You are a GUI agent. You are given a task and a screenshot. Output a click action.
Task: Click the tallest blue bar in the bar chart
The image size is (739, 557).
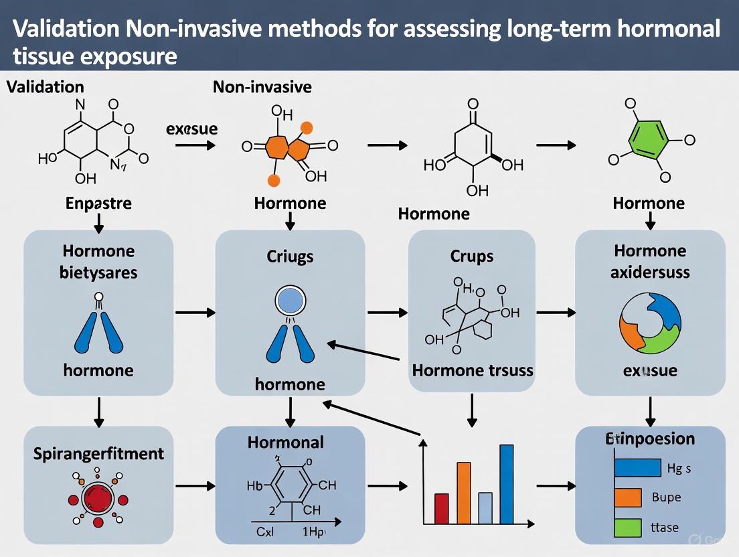click(x=506, y=483)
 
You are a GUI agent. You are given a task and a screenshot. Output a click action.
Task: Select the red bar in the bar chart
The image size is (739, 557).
click(x=441, y=507)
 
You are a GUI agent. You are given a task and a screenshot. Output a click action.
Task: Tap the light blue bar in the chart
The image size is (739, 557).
click(x=485, y=507)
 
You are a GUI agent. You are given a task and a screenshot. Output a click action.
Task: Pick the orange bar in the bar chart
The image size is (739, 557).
click(x=463, y=492)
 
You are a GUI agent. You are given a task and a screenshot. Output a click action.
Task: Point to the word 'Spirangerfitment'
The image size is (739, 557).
click(x=98, y=453)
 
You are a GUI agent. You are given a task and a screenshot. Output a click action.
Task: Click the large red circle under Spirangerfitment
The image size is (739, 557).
click(x=98, y=498)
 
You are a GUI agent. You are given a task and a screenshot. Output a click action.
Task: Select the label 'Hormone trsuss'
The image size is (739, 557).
click(x=473, y=370)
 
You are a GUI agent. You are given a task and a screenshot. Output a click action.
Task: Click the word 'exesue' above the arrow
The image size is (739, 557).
click(x=191, y=129)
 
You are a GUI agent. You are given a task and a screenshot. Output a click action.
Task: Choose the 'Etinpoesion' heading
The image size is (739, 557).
click(x=650, y=439)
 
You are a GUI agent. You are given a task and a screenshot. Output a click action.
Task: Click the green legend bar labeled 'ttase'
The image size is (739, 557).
click(x=627, y=527)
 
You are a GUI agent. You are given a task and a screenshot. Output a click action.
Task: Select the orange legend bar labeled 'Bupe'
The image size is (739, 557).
click(x=627, y=497)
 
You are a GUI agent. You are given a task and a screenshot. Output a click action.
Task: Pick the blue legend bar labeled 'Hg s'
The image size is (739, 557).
click(x=637, y=467)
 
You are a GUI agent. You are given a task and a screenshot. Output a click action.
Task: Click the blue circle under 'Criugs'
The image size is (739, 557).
click(x=290, y=301)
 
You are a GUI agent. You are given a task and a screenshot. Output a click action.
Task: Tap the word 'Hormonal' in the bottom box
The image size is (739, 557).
click(x=285, y=442)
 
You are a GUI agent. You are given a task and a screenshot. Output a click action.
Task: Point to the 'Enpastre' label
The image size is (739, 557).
click(x=98, y=203)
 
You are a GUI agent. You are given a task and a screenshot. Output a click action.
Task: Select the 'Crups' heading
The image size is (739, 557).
click(x=472, y=256)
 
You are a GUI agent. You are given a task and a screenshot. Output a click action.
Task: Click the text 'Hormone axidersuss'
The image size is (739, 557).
click(x=650, y=261)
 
